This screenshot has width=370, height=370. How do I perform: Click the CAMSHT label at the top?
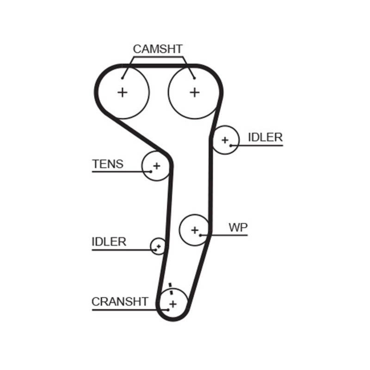[x=158, y=49]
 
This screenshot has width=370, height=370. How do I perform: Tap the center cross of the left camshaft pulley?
[x=123, y=92]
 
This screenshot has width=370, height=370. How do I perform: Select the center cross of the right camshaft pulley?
[x=195, y=92]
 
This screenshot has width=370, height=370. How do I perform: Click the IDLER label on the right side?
[x=265, y=137]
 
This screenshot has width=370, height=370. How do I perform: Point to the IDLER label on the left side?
[x=109, y=242]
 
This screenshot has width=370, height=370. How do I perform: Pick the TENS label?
[x=108, y=164]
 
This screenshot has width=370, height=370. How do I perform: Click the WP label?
[x=238, y=228]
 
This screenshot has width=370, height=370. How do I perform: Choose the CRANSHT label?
[x=120, y=302]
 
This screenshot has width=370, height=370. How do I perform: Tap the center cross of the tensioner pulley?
[x=156, y=165]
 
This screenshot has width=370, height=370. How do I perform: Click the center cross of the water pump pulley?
[x=195, y=229]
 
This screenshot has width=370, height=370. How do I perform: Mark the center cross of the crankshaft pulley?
[x=173, y=304]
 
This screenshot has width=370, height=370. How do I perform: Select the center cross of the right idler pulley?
[x=225, y=140]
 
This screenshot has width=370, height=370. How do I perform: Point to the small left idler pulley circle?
[x=158, y=246]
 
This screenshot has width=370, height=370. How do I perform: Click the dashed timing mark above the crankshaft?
[x=171, y=288]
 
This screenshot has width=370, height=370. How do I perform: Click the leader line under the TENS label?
[x=118, y=172]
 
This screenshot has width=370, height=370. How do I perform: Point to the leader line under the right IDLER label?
[x=259, y=146]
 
